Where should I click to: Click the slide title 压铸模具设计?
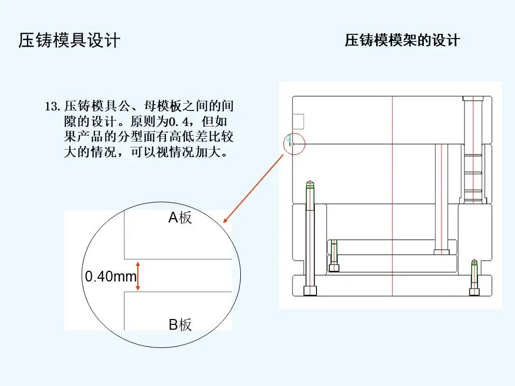69,41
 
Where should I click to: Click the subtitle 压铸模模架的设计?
402,41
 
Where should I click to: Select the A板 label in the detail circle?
180,218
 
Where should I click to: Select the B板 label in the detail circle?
180,324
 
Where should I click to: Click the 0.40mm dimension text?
111,277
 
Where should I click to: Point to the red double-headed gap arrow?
138,276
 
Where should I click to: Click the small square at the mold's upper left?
298,121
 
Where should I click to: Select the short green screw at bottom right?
474,277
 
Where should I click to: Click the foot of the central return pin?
441,251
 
